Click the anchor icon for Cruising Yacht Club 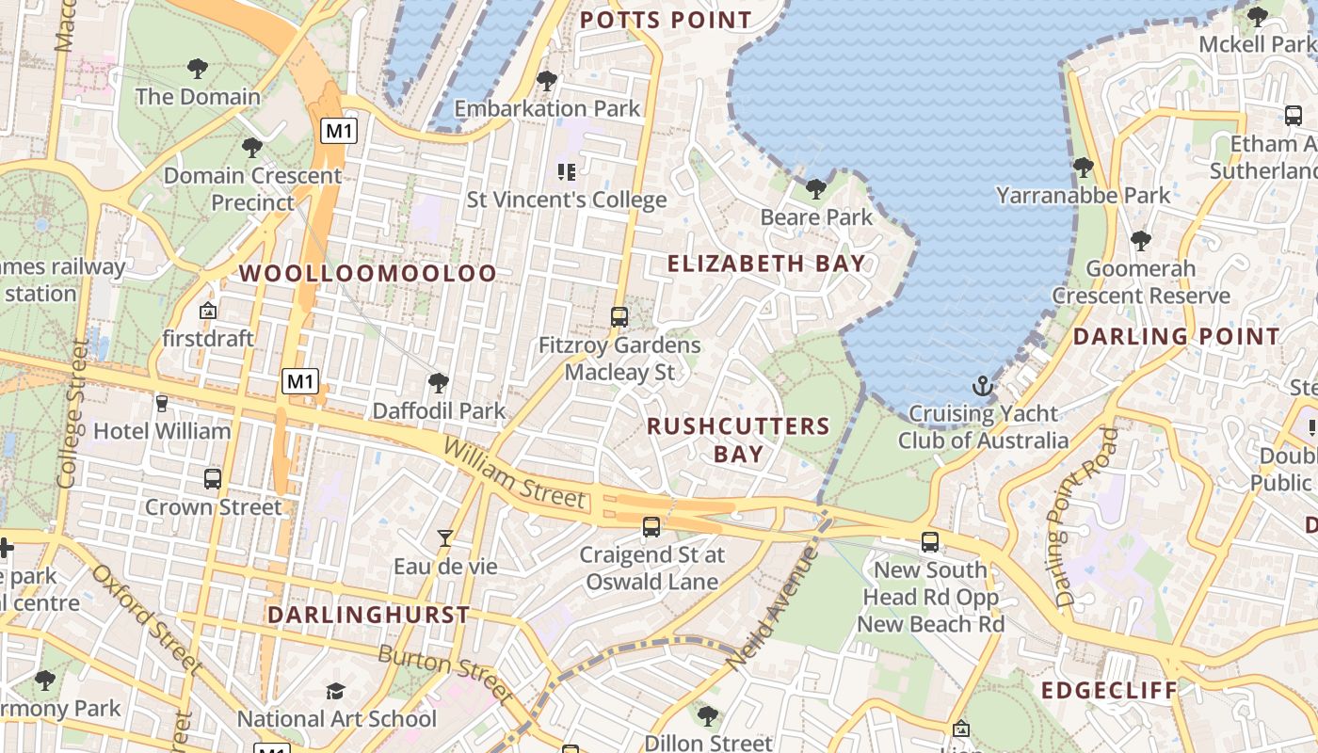tap(983, 386)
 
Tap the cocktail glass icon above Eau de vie tap(445, 538)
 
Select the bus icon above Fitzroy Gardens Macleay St tap(619, 317)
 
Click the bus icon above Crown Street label tap(213, 478)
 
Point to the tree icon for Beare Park tap(816, 189)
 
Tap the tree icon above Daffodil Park tap(438, 382)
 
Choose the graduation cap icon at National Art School tap(335, 692)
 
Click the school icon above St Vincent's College tap(566, 171)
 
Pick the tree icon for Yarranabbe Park tap(1083, 168)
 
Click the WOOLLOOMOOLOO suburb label tap(367, 274)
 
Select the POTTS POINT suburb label tap(666, 20)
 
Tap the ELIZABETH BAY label tap(766, 264)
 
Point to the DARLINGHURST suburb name tap(368, 616)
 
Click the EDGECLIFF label tap(1109, 691)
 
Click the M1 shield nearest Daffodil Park tap(300, 381)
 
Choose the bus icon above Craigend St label tap(651, 526)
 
